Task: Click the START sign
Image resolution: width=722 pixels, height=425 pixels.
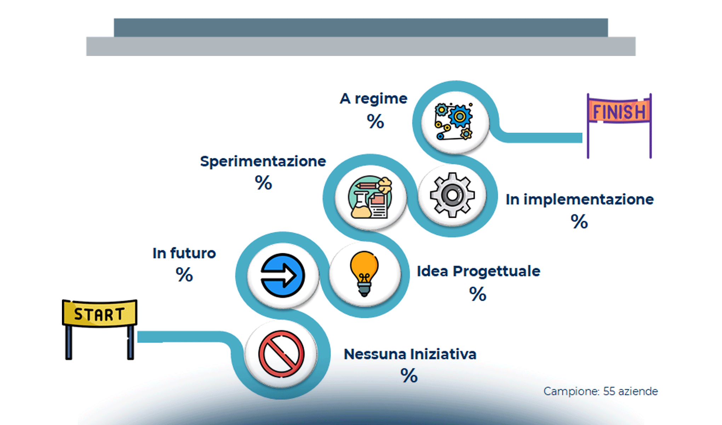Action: click(x=99, y=313)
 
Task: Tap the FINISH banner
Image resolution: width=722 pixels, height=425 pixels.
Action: click(x=619, y=112)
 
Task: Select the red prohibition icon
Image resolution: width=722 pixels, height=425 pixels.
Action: click(x=281, y=354)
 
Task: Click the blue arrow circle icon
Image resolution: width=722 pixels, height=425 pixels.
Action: click(x=282, y=275)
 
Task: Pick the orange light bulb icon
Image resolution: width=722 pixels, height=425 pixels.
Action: click(x=364, y=273)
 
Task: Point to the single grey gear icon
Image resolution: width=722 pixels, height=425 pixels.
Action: click(x=452, y=195)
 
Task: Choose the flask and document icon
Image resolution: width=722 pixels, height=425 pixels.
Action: click(x=370, y=197)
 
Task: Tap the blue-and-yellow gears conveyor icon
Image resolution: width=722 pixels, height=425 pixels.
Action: click(x=454, y=121)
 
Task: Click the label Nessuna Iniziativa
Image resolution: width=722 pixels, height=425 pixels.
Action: click(x=410, y=354)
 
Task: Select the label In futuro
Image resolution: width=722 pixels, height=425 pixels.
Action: click(x=184, y=253)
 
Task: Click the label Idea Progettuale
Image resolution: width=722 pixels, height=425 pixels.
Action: click(x=478, y=271)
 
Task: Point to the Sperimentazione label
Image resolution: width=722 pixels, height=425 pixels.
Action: click(x=263, y=161)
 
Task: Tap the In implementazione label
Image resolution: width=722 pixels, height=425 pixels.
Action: click(x=579, y=199)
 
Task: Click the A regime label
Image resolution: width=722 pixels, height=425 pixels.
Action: click(x=373, y=98)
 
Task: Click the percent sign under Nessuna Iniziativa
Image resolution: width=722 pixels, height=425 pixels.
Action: click(x=409, y=375)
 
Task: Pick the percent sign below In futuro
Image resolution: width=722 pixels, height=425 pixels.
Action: click(x=184, y=274)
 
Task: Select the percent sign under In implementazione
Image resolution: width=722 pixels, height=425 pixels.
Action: click(x=579, y=221)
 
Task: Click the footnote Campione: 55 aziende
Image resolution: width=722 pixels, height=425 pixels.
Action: click(x=600, y=391)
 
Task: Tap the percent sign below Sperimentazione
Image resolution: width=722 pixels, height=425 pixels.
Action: click(x=263, y=183)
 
